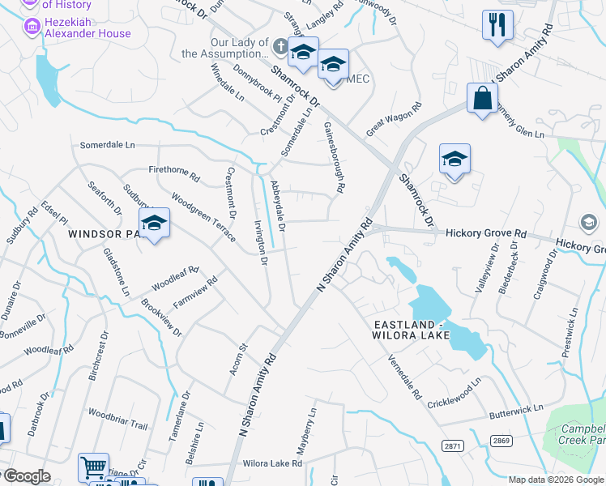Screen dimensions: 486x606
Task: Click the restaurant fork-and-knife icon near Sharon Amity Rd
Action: pos(497,24)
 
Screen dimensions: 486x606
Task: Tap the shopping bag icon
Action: pos(482,99)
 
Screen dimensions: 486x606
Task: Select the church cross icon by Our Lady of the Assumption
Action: pos(280,47)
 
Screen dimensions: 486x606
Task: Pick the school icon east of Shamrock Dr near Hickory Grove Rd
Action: pos(454,160)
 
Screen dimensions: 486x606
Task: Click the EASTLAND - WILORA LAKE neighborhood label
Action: pos(429,331)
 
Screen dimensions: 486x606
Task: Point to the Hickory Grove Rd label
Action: pos(486,233)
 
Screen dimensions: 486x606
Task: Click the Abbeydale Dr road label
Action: pos(278,206)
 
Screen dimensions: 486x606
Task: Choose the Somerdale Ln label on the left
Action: pos(107,145)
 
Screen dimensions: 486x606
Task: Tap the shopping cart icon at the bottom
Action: pos(92,467)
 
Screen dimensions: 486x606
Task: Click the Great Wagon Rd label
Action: pos(395,119)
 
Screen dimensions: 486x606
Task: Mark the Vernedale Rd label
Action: pos(404,378)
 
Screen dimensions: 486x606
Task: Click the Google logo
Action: pos(28,477)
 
